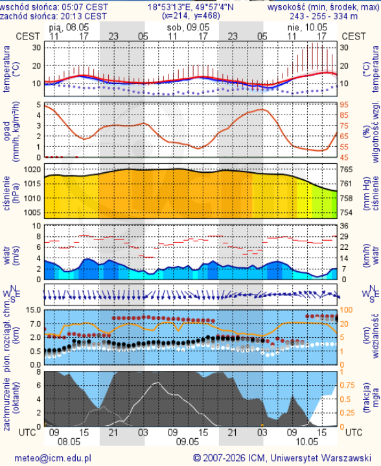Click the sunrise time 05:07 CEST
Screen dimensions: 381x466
(x=89, y=7)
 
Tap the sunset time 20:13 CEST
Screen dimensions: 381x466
(x=87, y=16)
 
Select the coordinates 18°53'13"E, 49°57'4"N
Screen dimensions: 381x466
(x=190, y=7)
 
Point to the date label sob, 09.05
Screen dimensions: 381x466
(x=189, y=28)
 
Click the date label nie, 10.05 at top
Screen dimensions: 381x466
(x=307, y=28)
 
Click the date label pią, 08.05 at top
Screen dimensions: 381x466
(x=69, y=28)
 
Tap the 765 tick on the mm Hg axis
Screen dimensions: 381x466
(x=346, y=170)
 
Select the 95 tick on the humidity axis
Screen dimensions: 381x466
(x=344, y=105)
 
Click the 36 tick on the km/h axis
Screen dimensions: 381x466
(x=344, y=226)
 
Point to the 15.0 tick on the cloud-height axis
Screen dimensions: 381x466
(x=34, y=310)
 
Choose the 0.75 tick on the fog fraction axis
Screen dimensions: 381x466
(x=347, y=385)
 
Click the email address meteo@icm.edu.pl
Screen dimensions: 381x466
(x=52, y=458)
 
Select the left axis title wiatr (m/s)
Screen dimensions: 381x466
(x=11, y=256)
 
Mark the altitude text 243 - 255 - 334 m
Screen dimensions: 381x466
(x=323, y=16)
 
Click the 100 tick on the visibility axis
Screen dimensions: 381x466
(x=346, y=310)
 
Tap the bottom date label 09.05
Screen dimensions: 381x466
(x=187, y=441)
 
